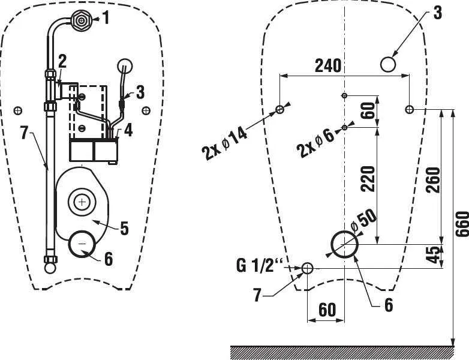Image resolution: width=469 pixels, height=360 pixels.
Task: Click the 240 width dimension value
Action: tap(328, 65)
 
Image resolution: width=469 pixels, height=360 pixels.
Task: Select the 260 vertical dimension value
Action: tap(434, 180)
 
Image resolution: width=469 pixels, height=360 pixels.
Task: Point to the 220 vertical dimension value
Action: tap(368, 179)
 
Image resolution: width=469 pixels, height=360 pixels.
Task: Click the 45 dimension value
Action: tap(434, 255)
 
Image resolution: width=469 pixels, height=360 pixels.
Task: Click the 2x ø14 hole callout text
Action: tap(225, 144)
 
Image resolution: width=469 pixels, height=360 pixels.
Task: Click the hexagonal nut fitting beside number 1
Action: tap(81, 20)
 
